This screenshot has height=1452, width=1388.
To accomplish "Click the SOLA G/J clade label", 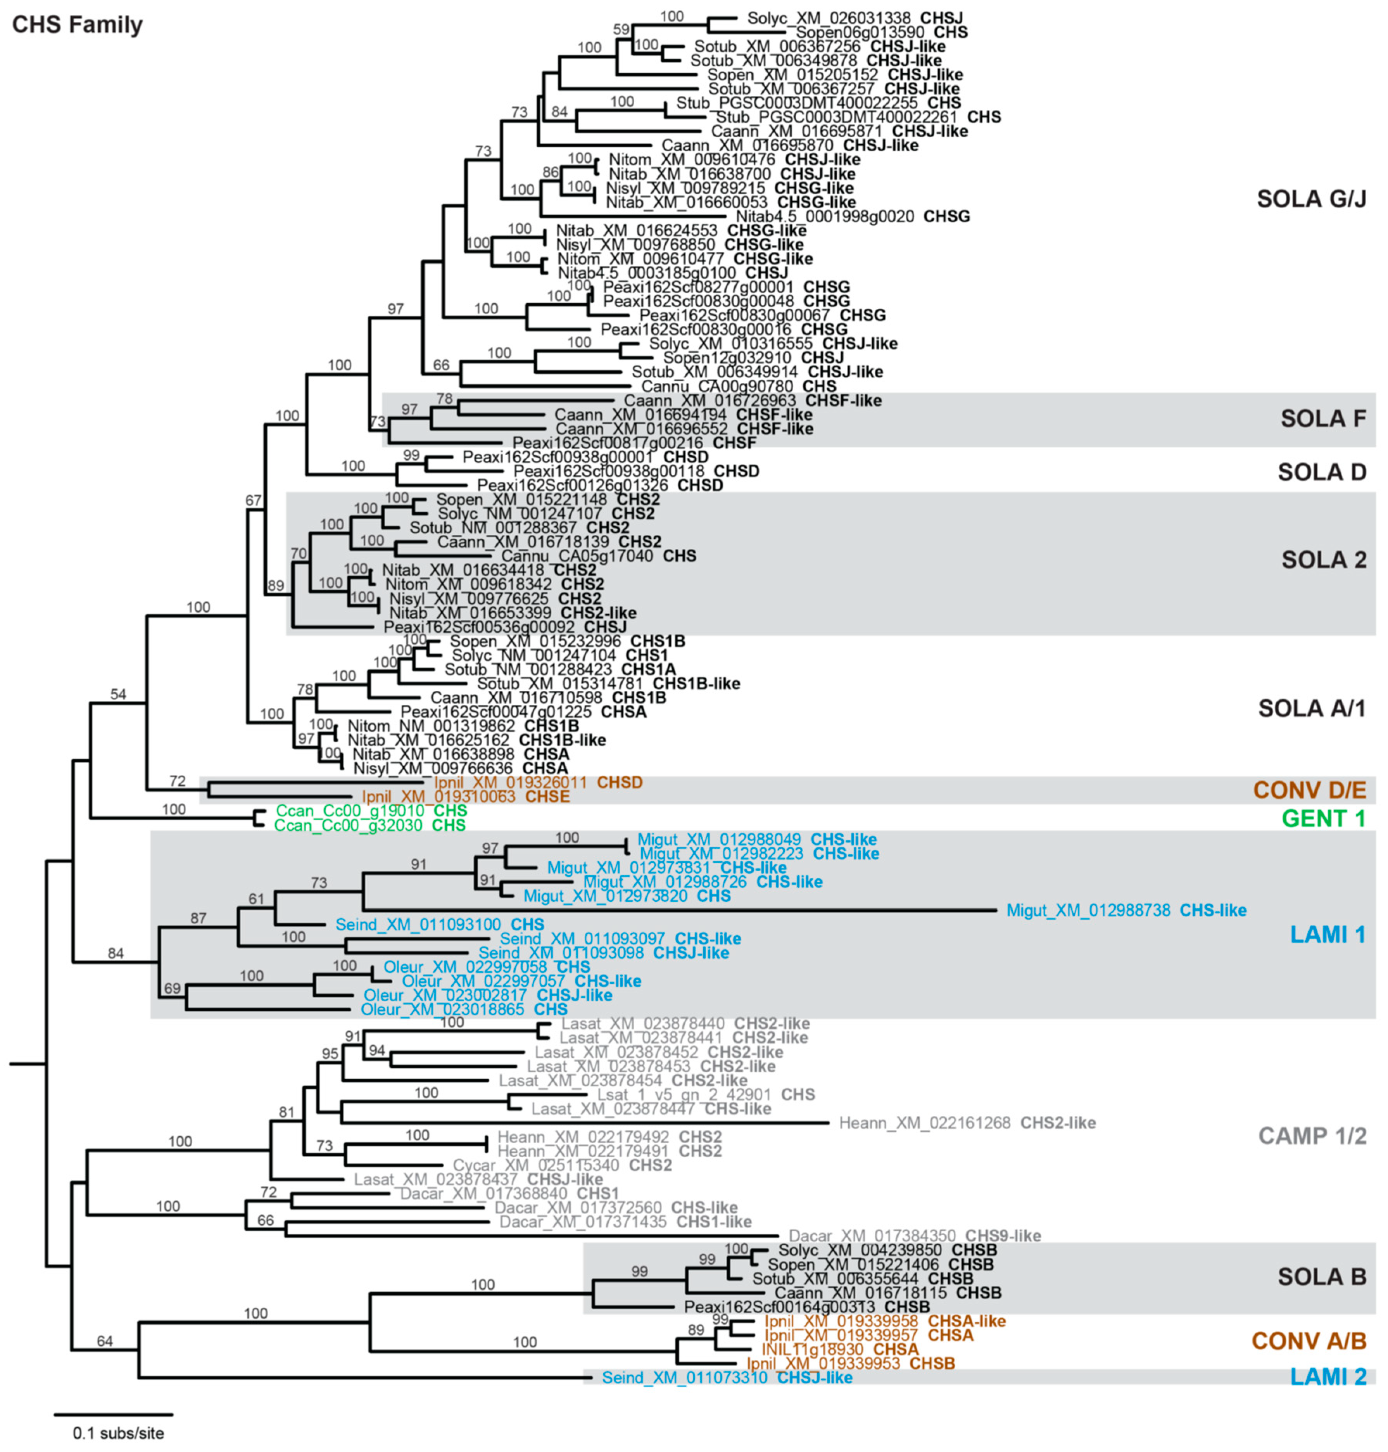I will point(1311,198).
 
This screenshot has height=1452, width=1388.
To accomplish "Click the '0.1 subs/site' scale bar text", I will point(118,1433).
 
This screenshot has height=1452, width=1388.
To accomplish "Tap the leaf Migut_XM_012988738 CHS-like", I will point(1126,910).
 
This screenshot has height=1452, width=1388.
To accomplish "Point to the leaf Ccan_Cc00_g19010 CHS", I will point(370,811).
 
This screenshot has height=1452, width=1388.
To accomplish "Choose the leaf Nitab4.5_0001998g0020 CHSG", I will point(852,216).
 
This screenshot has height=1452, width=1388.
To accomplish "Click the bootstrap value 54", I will point(117,694).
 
